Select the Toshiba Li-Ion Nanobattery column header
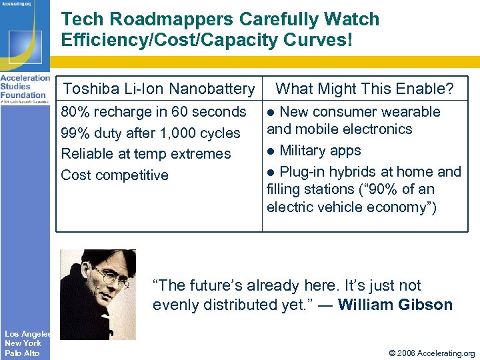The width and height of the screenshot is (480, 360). click(x=159, y=89)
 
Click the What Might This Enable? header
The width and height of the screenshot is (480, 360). click(x=364, y=89)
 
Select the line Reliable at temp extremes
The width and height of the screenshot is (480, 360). click(x=146, y=154)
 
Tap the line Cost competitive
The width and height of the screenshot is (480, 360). click(x=115, y=175)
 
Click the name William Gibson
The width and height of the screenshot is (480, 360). click(x=395, y=305)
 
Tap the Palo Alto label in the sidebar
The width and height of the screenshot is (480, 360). click(x=22, y=353)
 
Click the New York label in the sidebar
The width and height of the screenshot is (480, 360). click(x=23, y=343)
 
